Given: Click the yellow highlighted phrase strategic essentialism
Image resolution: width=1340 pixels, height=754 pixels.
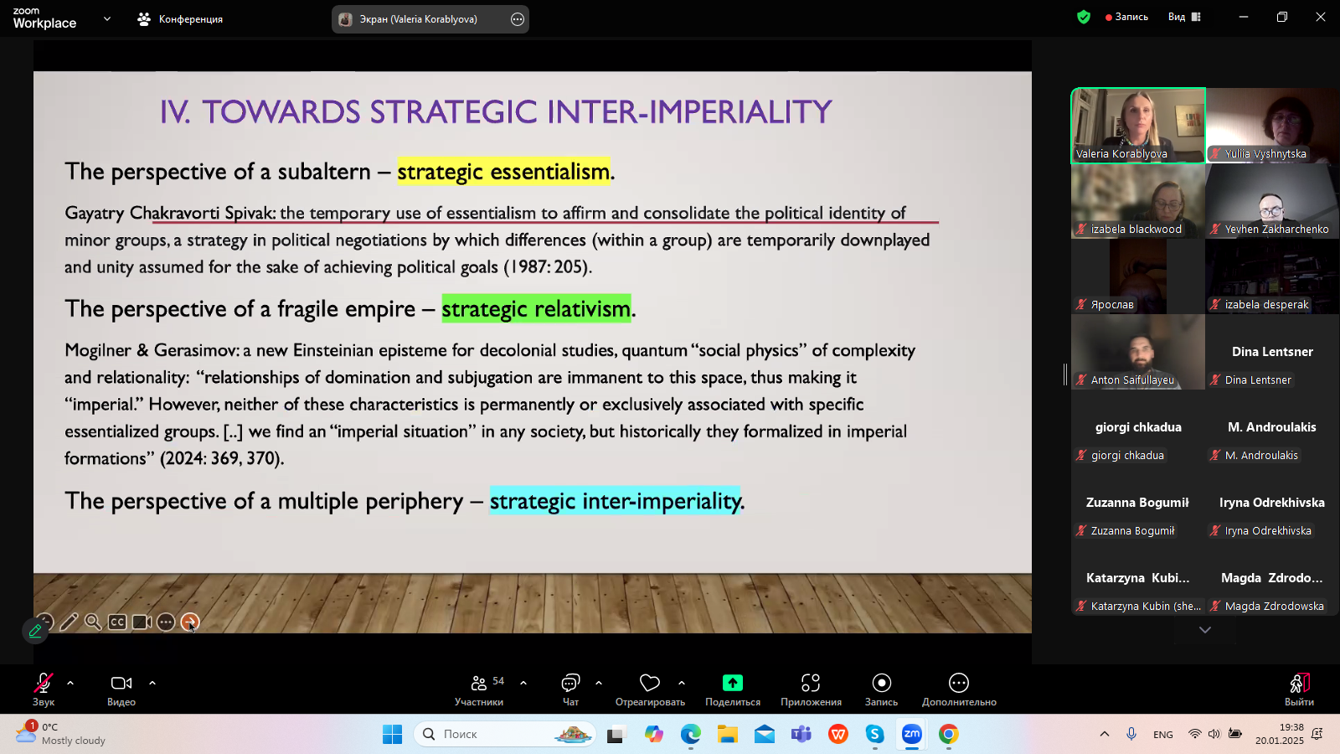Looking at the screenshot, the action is (503, 172).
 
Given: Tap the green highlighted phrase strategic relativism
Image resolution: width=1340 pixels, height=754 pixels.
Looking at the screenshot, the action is (536, 309).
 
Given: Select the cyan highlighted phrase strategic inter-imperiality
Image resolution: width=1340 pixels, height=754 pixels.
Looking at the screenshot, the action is (615, 501).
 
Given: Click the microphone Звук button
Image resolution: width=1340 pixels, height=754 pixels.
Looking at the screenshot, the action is (43, 689).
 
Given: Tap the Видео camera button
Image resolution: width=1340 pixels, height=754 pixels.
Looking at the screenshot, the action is (121, 689).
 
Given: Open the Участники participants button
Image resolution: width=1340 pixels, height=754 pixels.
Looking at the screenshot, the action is (479, 689).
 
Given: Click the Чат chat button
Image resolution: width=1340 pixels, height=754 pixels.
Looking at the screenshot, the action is (570, 689).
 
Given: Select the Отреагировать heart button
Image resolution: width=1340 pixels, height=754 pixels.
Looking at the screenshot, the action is (650, 689).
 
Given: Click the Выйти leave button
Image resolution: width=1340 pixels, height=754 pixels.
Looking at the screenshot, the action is (1299, 689).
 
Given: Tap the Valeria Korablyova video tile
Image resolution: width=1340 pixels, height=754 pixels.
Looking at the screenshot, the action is (1138, 125).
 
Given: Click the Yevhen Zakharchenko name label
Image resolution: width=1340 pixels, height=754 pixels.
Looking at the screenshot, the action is (1276, 230).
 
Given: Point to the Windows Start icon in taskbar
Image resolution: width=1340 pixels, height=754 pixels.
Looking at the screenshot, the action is (393, 734).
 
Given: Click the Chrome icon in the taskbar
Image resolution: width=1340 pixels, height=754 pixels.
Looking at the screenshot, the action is (948, 734).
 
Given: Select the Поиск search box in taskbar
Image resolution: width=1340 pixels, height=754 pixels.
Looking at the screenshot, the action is (505, 734).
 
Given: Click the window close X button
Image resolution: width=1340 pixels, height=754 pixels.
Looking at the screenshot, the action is (1320, 18).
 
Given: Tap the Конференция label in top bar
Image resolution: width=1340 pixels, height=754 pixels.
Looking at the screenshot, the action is (190, 19).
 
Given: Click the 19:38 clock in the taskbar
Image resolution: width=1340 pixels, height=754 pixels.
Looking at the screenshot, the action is (1291, 727).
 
